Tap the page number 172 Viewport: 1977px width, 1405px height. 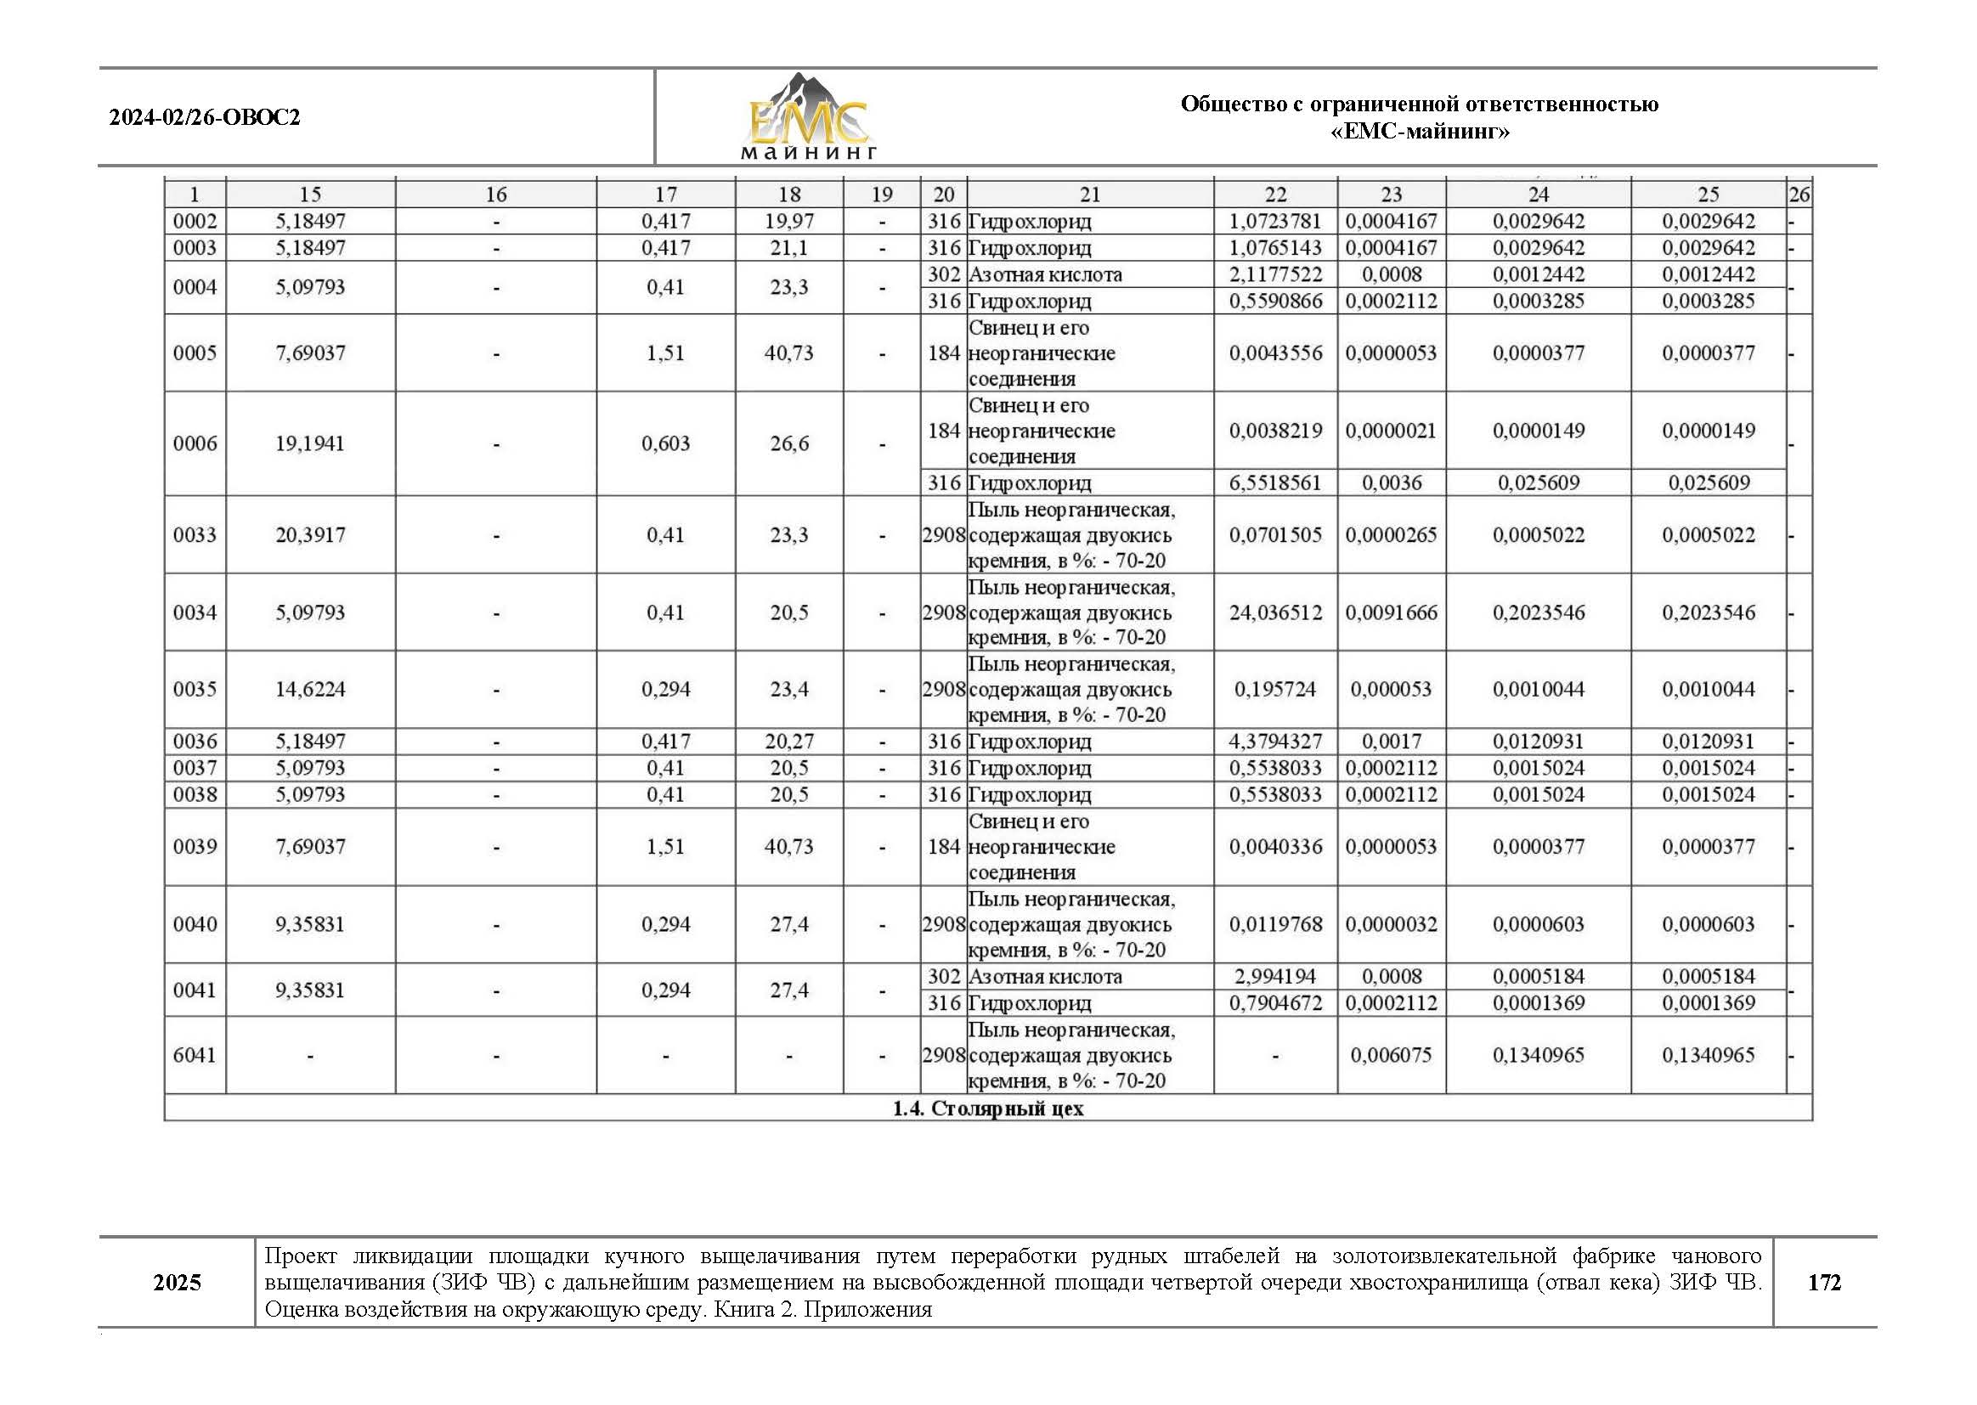coord(1824,1282)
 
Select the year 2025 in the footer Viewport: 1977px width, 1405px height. coord(177,1282)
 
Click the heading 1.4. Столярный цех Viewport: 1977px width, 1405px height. coord(987,1109)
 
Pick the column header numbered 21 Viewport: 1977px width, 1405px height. coord(1089,195)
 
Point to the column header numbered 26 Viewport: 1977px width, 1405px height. coord(1799,195)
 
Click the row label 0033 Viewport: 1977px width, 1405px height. coord(195,534)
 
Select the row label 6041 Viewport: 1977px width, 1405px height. coord(195,1055)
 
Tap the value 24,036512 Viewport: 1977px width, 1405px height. coord(1275,612)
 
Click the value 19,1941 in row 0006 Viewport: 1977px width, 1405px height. coord(310,443)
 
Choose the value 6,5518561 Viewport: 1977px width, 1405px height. coord(1275,482)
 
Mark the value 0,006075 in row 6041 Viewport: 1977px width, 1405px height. coord(1391,1055)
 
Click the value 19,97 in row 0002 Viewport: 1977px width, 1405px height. coord(788,222)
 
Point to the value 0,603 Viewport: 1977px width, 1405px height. coord(665,443)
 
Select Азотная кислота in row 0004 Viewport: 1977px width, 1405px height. coord(1045,275)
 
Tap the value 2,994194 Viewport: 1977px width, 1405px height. coord(1275,977)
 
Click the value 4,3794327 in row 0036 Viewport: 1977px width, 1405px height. coord(1275,742)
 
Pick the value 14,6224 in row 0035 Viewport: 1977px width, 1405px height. coord(310,690)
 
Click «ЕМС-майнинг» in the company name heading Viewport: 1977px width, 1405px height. coord(1419,132)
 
